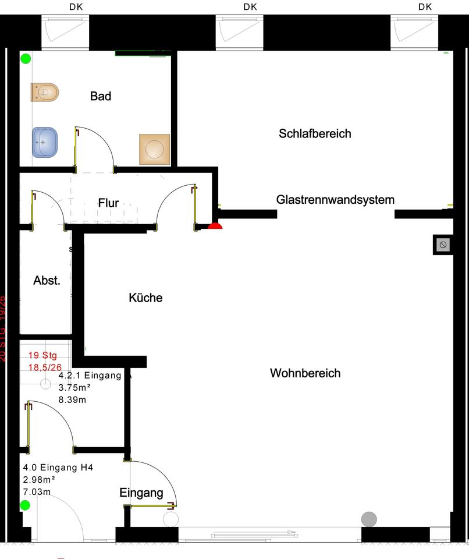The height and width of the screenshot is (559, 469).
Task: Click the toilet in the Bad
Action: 45,92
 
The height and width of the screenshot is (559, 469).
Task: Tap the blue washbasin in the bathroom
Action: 45,142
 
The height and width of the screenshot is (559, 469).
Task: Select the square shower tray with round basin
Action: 154,149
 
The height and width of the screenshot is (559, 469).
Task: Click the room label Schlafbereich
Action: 315,134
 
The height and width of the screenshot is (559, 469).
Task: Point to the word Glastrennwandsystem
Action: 335,200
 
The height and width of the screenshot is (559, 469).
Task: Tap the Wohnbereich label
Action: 305,373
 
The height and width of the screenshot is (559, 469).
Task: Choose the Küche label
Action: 145,298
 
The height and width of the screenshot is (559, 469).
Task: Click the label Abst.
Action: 47,281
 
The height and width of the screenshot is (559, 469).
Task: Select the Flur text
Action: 108,203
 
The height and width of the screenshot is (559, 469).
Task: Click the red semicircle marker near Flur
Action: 215,227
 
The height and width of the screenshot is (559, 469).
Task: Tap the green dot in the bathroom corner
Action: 26,58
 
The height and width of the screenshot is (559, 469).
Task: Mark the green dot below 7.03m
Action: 25,505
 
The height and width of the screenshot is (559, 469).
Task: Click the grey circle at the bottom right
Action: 369,518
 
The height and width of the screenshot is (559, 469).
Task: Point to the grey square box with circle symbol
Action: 443,245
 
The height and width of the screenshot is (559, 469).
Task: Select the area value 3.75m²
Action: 74,388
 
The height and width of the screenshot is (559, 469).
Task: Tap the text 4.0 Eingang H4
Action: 58,467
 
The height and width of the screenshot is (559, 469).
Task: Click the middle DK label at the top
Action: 250,7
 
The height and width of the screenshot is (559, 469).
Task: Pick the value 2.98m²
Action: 38,480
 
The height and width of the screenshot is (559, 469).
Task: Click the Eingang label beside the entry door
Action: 141,493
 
